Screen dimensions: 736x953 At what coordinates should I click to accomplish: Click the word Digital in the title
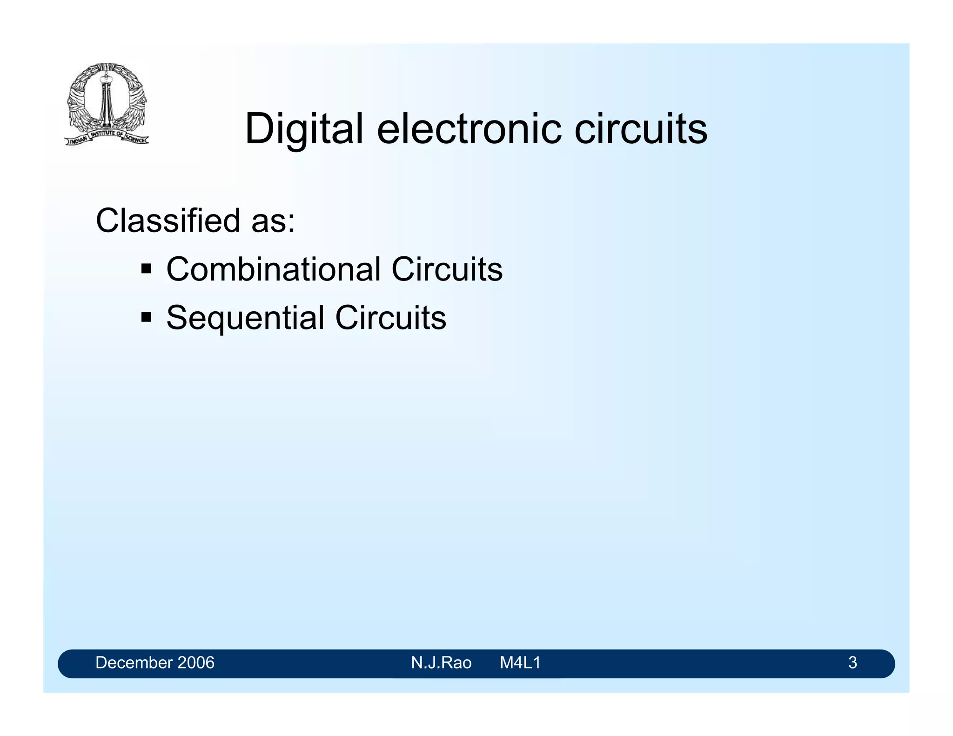tap(303, 129)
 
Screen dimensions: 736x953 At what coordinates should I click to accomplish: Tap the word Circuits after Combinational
tap(447, 269)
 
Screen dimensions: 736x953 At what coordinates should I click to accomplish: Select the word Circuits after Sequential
tap(390, 318)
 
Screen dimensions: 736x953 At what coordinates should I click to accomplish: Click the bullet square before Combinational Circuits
tap(147, 269)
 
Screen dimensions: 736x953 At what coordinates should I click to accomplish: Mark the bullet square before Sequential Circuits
tap(147, 318)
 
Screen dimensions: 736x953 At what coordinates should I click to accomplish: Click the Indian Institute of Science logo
tap(107, 104)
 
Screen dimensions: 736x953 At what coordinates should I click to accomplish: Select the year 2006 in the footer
tap(195, 662)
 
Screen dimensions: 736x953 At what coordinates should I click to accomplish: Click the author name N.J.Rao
tap(441, 662)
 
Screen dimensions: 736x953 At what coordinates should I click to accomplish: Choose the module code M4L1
tap(520, 662)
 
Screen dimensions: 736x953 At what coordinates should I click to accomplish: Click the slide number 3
tap(852, 662)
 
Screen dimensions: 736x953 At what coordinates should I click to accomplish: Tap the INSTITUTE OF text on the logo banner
tap(107, 134)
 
